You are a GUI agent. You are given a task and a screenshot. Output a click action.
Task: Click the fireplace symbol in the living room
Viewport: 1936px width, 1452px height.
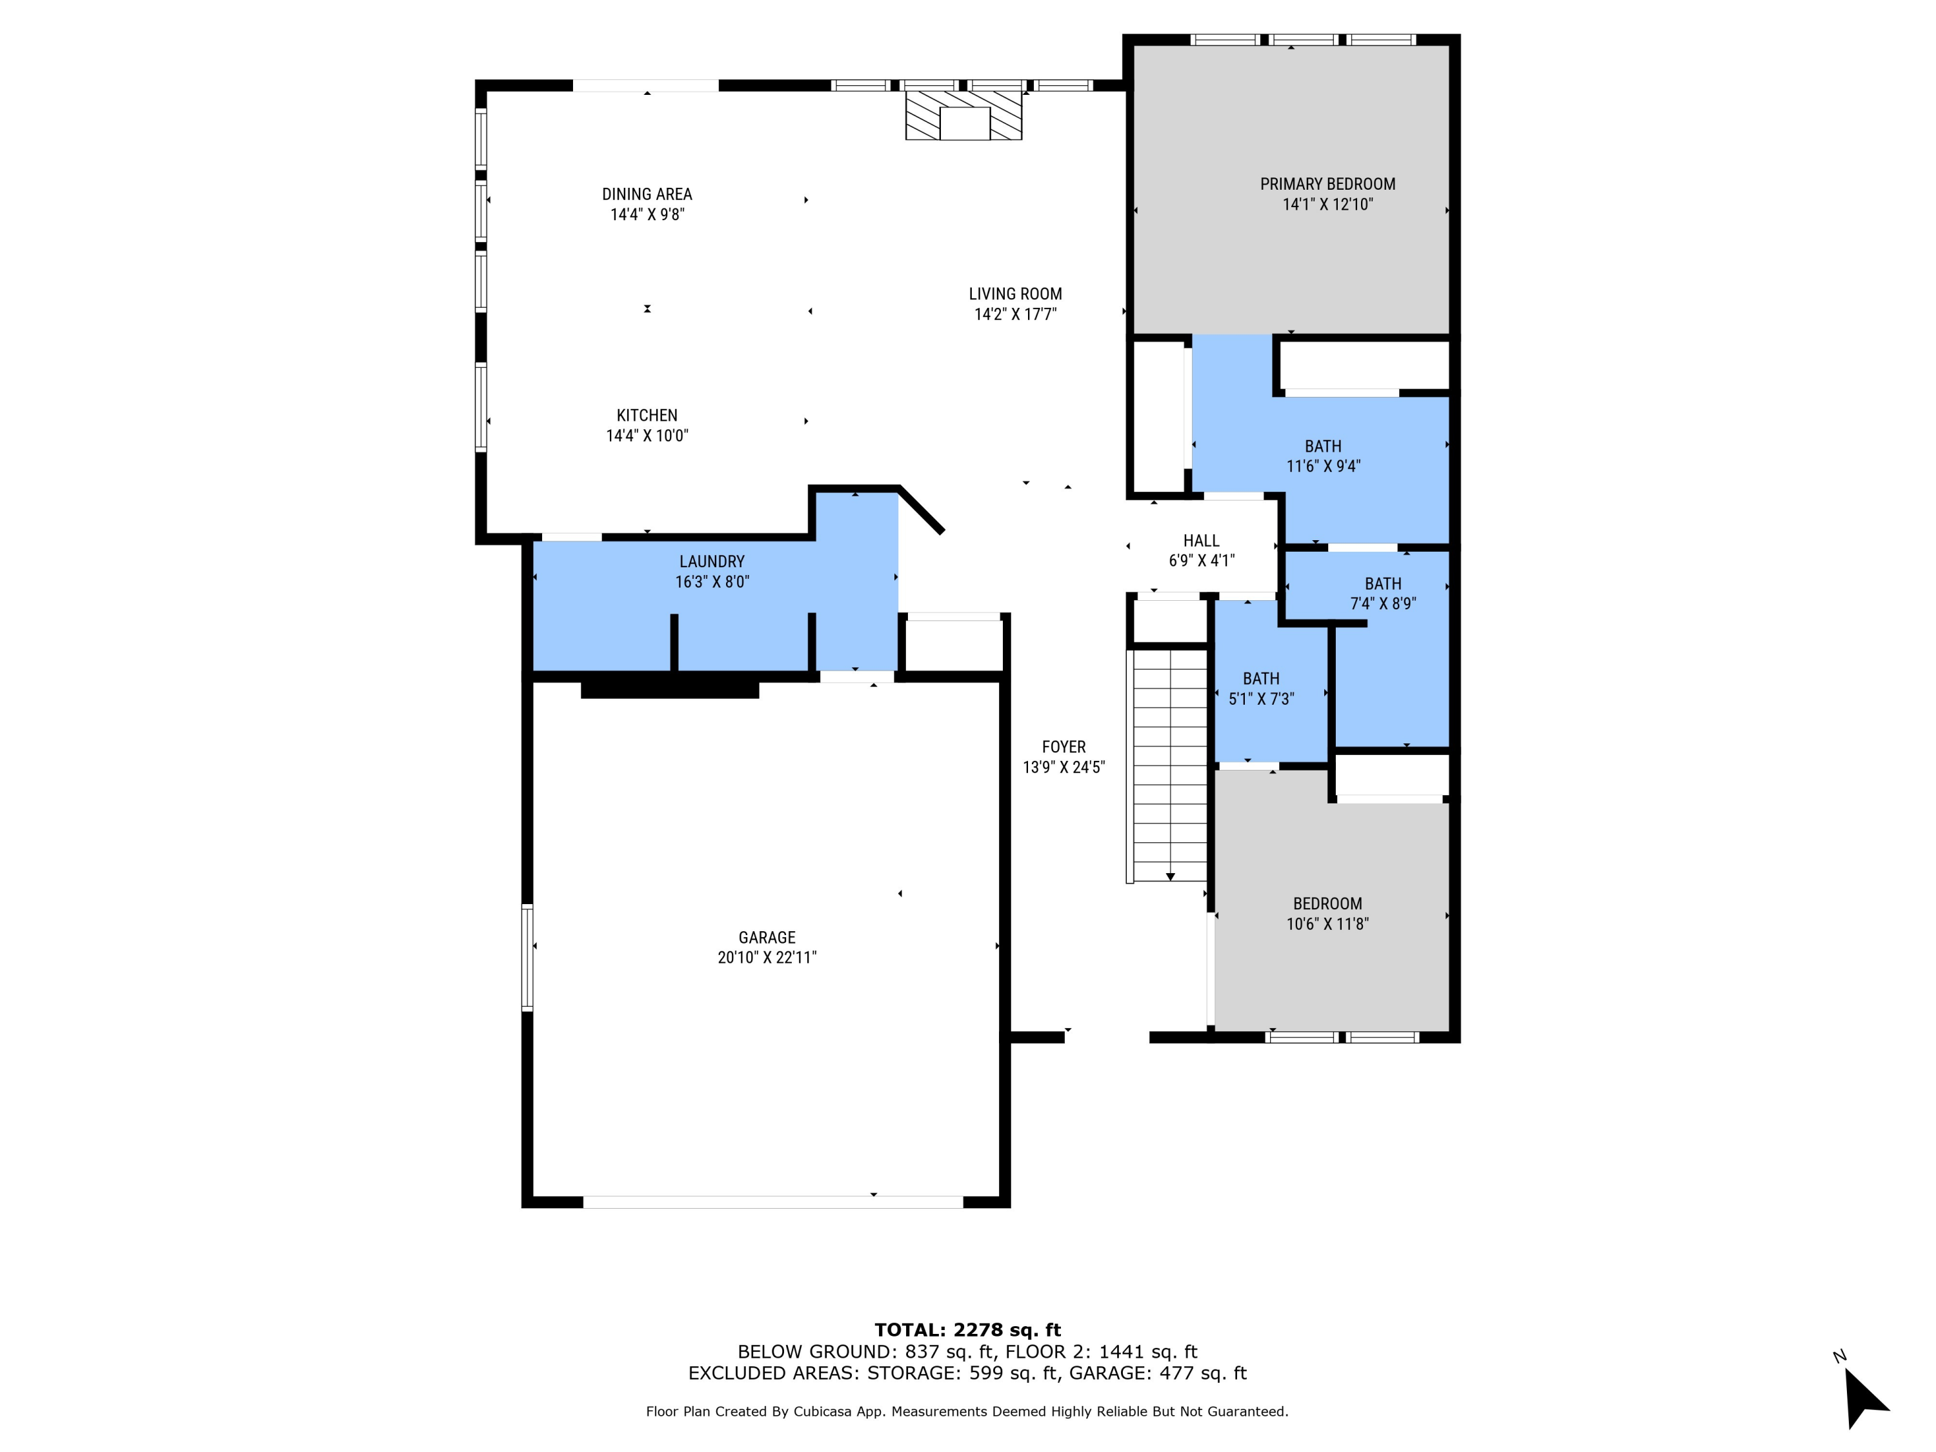[x=963, y=116]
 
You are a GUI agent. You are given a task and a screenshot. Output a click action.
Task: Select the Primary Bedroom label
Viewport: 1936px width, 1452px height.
[x=1327, y=184]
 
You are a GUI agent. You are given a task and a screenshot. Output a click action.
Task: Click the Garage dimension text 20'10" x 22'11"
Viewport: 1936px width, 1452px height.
[x=767, y=958]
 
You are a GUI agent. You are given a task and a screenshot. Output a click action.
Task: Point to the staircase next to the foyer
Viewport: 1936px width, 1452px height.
[x=1170, y=764]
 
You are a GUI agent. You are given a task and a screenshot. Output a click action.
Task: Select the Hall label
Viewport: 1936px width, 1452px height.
[x=1201, y=541]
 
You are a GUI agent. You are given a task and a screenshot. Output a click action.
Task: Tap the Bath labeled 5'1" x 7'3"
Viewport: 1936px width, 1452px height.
[x=1260, y=689]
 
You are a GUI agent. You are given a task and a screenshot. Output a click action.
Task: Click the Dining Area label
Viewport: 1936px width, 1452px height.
[x=647, y=194]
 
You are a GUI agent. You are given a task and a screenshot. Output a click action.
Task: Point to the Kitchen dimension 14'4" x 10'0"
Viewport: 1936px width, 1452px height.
[x=647, y=436]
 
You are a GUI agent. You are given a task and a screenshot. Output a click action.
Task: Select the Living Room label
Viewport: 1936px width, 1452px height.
[x=1015, y=294]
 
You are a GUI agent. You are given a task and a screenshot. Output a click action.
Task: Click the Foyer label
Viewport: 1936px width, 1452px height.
[x=1064, y=747]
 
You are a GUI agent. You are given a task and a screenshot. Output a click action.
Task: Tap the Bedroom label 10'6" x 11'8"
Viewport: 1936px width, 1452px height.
[x=1327, y=913]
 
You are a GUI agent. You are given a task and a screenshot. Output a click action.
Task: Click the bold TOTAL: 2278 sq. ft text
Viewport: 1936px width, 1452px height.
[x=967, y=1330]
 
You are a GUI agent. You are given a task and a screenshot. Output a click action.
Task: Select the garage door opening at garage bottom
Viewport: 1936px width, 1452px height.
[x=773, y=1202]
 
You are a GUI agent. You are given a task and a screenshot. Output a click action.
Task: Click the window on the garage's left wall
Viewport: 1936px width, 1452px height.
[x=527, y=958]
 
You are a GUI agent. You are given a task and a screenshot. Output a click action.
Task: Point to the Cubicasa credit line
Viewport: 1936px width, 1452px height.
[x=967, y=1411]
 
